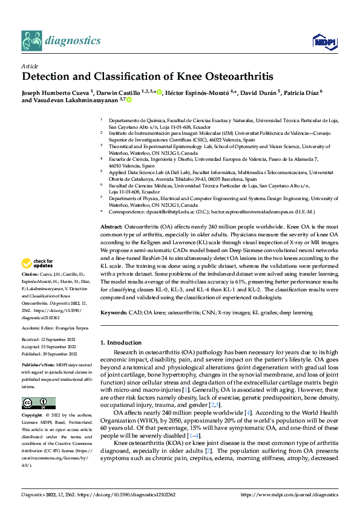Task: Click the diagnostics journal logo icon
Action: (x=31, y=41)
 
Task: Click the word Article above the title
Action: (x=30, y=66)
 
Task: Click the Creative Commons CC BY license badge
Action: (x=38, y=404)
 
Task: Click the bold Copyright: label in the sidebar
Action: (x=33, y=417)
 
